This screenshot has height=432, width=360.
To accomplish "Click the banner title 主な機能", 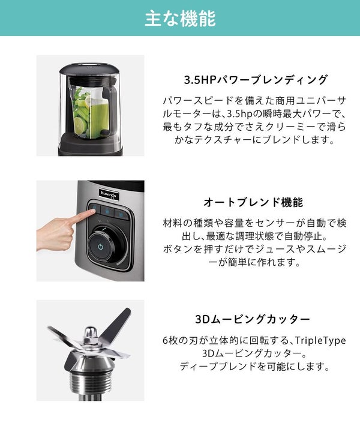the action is point(180,18).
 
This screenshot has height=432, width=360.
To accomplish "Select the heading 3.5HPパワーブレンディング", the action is point(256,80).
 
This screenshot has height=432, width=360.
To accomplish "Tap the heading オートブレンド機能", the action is point(253,203).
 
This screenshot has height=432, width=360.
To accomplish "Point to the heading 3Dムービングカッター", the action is point(253,319).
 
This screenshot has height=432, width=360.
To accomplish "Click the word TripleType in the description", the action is point(320,341).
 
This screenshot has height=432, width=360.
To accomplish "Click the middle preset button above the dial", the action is point(107,212).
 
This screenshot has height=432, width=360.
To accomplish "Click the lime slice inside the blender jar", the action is point(81,125).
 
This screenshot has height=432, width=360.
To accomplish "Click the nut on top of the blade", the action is point(91,334).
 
